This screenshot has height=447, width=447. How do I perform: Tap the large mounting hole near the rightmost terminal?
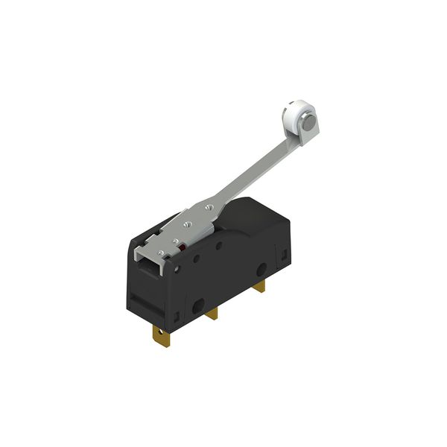pyautogui.click(x=263, y=269)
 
